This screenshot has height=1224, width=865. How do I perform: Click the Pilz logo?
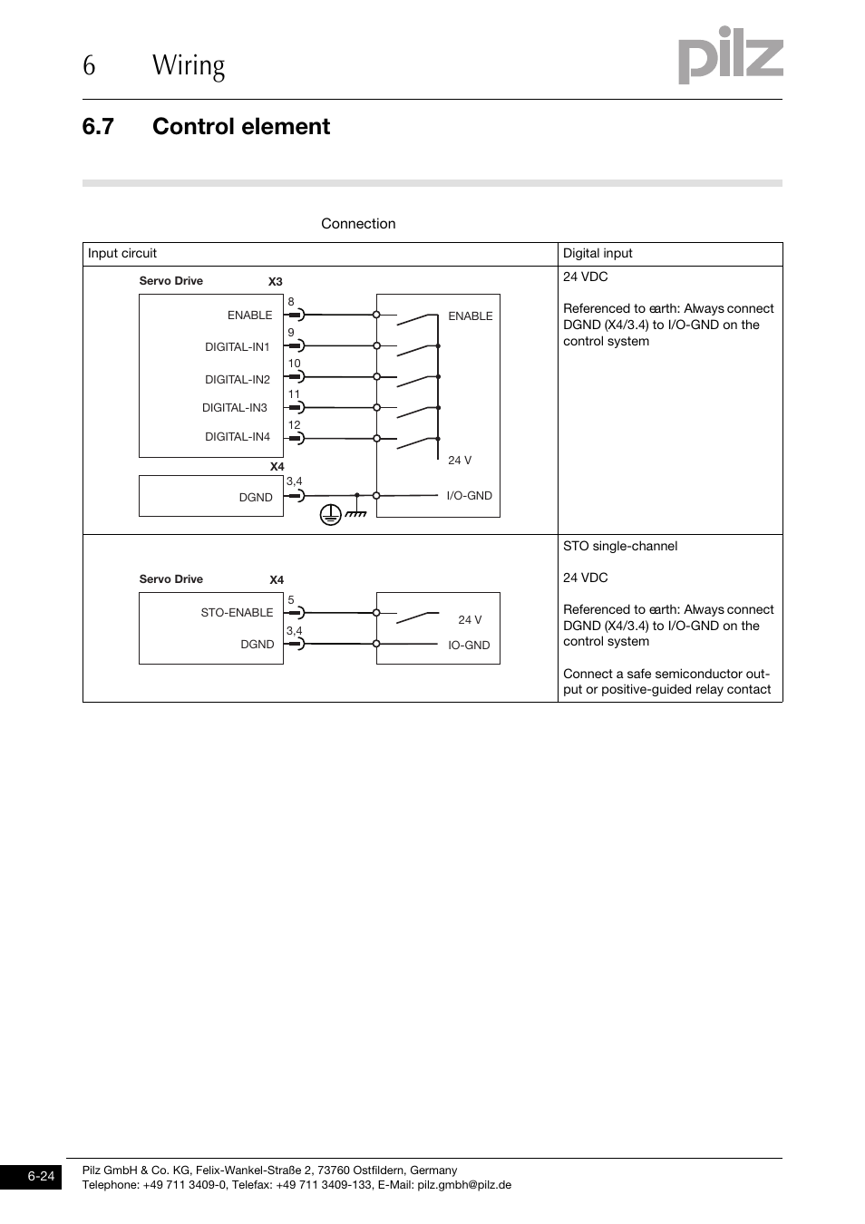point(730,57)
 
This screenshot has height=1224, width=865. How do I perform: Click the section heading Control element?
point(241,127)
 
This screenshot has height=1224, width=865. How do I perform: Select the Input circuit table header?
point(122,254)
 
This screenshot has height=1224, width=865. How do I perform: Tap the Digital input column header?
point(598,254)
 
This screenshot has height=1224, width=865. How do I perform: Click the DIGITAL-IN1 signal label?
point(237,347)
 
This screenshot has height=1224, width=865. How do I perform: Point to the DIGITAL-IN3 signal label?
point(235,408)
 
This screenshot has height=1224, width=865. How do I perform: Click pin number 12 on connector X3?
point(294,425)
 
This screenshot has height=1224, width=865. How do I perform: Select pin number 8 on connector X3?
point(291,302)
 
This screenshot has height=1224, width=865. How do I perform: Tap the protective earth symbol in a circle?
point(330,515)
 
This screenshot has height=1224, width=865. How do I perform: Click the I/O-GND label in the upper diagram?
point(469,496)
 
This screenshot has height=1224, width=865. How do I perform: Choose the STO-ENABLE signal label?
point(237,613)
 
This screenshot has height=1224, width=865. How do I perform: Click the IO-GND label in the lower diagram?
point(469,646)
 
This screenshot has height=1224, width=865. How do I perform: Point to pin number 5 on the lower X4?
point(291,600)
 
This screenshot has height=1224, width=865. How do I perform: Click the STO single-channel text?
point(620,547)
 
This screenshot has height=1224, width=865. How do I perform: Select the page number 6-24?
point(41,1177)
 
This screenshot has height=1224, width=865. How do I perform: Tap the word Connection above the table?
point(358,224)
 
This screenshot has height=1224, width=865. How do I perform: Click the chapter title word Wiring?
point(189,66)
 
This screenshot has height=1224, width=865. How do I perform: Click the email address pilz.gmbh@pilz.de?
point(464,1185)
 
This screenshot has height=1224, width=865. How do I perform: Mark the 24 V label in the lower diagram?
point(470,620)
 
